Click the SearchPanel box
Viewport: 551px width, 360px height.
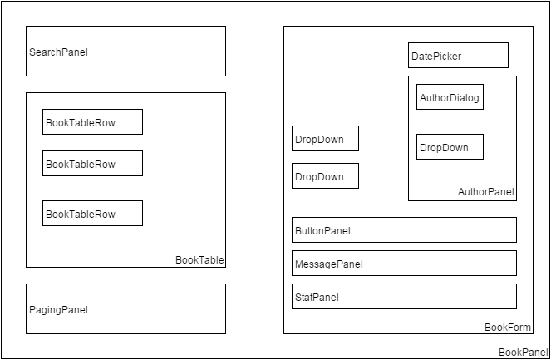(125, 51)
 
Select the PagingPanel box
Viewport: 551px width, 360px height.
(125, 308)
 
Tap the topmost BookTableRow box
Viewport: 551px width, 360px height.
(92, 121)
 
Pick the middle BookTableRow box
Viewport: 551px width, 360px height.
(92, 163)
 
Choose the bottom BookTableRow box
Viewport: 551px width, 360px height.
(92, 213)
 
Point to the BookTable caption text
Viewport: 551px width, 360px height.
(199, 260)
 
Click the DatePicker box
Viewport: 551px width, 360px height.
(458, 56)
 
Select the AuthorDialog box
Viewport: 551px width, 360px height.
(450, 97)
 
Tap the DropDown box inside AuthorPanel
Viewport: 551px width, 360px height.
(450, 147)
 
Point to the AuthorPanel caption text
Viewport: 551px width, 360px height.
(486, 192)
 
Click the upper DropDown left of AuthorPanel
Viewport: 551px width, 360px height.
(325, 139)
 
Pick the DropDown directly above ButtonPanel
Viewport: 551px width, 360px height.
(325, 176)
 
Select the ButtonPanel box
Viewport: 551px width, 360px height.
(404, 230)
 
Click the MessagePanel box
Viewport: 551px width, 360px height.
(404, 264)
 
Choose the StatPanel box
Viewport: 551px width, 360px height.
(404, 297)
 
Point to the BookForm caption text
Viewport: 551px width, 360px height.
(508, 328)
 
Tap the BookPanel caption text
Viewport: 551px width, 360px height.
(523, 353)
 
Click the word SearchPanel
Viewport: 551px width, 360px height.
(58, 52)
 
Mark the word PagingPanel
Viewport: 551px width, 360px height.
(58, 310)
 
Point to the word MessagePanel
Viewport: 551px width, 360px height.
(328, 264)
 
